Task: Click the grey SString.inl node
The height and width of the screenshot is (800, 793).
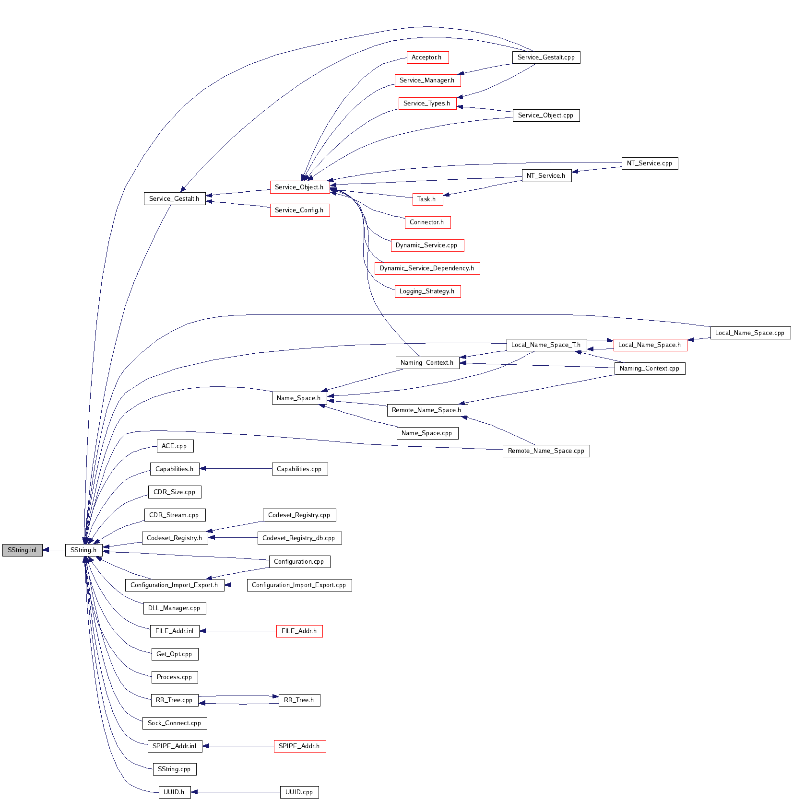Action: tap(22, 550)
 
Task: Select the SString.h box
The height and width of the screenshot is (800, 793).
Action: tap(83, 550)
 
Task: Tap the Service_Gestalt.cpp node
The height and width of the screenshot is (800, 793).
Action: tap(546, 58)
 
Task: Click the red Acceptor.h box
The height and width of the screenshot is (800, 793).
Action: tap(427, 58)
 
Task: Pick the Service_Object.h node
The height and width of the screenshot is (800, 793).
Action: tap(299, 187)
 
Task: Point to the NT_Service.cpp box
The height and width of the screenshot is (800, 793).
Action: tap(650, 163)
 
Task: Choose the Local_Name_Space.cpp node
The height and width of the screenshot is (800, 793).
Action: tap(750, 333)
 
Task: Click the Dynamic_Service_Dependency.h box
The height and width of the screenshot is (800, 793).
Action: tap(427, 268)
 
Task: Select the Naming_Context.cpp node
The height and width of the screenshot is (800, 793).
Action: tap(650, 369)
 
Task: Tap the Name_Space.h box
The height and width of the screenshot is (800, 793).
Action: tap(299, 398)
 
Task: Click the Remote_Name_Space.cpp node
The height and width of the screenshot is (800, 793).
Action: tap(546, 451)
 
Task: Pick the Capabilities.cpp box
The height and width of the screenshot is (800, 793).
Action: tap(299, 469)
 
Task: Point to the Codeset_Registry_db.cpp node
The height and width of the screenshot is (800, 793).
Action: tap(299, 538)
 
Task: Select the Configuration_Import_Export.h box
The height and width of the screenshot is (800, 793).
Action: tap(174, 585)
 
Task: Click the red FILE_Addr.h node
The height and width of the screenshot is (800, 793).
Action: tap(299, 631)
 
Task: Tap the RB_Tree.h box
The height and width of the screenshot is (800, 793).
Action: tap(299, 700)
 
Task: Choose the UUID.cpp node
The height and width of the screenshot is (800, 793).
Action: tap(299, 792)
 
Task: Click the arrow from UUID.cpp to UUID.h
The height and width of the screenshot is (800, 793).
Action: tap(235, 792)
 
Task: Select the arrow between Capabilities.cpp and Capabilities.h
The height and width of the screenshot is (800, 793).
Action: tap(235, 469)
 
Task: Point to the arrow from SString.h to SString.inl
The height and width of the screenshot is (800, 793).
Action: tap(54, 550)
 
